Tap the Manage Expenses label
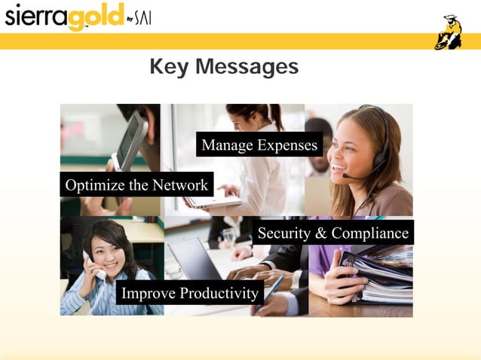point(259,145)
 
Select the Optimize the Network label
point(136,185)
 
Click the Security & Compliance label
point(332,233)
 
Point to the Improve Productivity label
point(189,292)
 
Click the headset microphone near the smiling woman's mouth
point(348,176)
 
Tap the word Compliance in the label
point(370,233)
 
